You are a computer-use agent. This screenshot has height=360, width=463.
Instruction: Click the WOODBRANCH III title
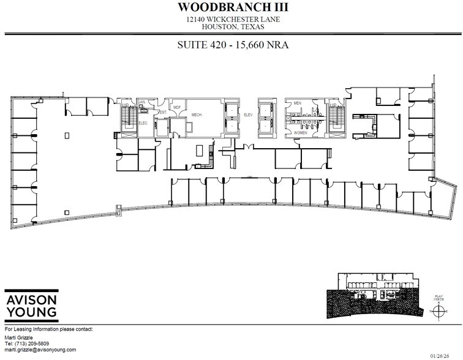tap(232, 8)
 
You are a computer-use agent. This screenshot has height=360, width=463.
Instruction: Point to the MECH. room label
tap(197, 114)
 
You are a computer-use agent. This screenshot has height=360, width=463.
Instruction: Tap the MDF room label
tap(177, 108)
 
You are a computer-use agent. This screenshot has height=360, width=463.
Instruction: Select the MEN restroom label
tap(298, 103)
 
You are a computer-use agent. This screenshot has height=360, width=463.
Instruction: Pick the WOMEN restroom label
tap(301, 132)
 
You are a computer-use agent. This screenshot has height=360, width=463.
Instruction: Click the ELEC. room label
tap(143, 123)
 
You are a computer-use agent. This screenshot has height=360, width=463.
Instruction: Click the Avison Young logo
tap(32, 305)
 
